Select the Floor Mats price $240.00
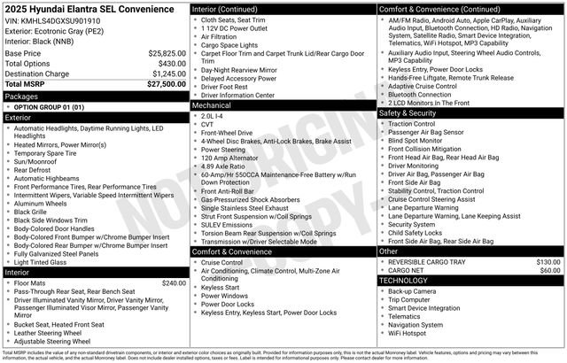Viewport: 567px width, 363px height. pyautogui.click(x=168, y=282)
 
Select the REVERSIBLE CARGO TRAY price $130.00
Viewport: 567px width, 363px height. pyautogui.click(x=548, y=262)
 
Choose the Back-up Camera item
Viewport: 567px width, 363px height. pyautogui.click(x=412, y=290)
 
